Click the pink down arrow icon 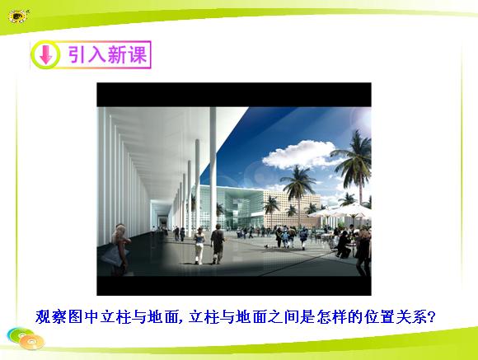coord(45,54)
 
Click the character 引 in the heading coord(76,54)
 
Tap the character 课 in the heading coord(138,54)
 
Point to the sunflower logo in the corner coord(18,16)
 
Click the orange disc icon coord(32,342)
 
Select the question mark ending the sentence coord(431,317)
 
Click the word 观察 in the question coord(51,317)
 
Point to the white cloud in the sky coord(300,154)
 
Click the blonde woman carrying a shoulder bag coord(119,250)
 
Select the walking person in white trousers coord(199,245)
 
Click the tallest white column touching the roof coord(213,169)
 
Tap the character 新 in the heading coord(117,54)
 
